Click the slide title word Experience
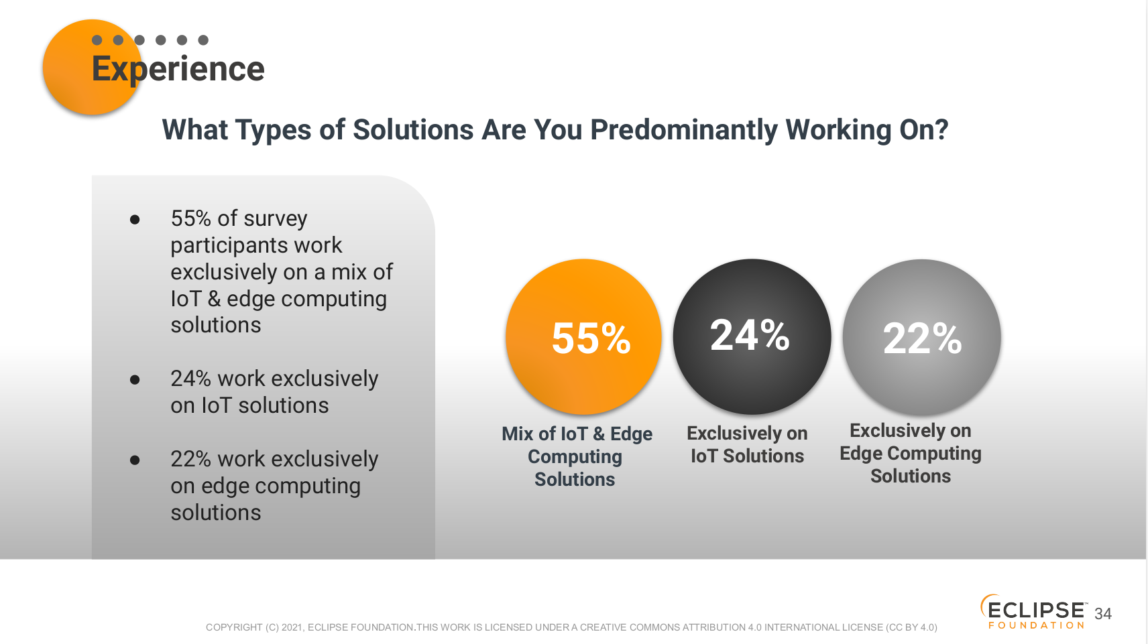point(178,69)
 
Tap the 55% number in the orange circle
point(591,338)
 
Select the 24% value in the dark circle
point(749,335)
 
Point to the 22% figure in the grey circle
point(922,338)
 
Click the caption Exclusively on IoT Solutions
point(747,444)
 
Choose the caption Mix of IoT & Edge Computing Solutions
point(577,456)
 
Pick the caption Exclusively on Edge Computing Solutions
point(910,454)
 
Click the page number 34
point(1103,614)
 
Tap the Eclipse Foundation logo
point(1034,613)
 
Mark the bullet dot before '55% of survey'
point(135,220)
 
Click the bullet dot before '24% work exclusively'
point(135,380)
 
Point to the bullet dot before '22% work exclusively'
point(135,460)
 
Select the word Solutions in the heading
point(413,129)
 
